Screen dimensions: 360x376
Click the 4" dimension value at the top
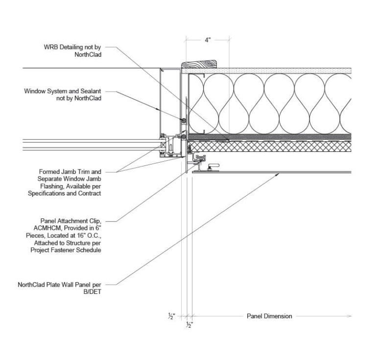click(208, 41)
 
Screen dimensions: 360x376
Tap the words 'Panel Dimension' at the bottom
click(269, 316)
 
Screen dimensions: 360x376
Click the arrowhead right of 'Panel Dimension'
click(349, 316)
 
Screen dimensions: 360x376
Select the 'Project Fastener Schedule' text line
click(71, 250)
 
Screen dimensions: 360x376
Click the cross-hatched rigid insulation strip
click(269, 146)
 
